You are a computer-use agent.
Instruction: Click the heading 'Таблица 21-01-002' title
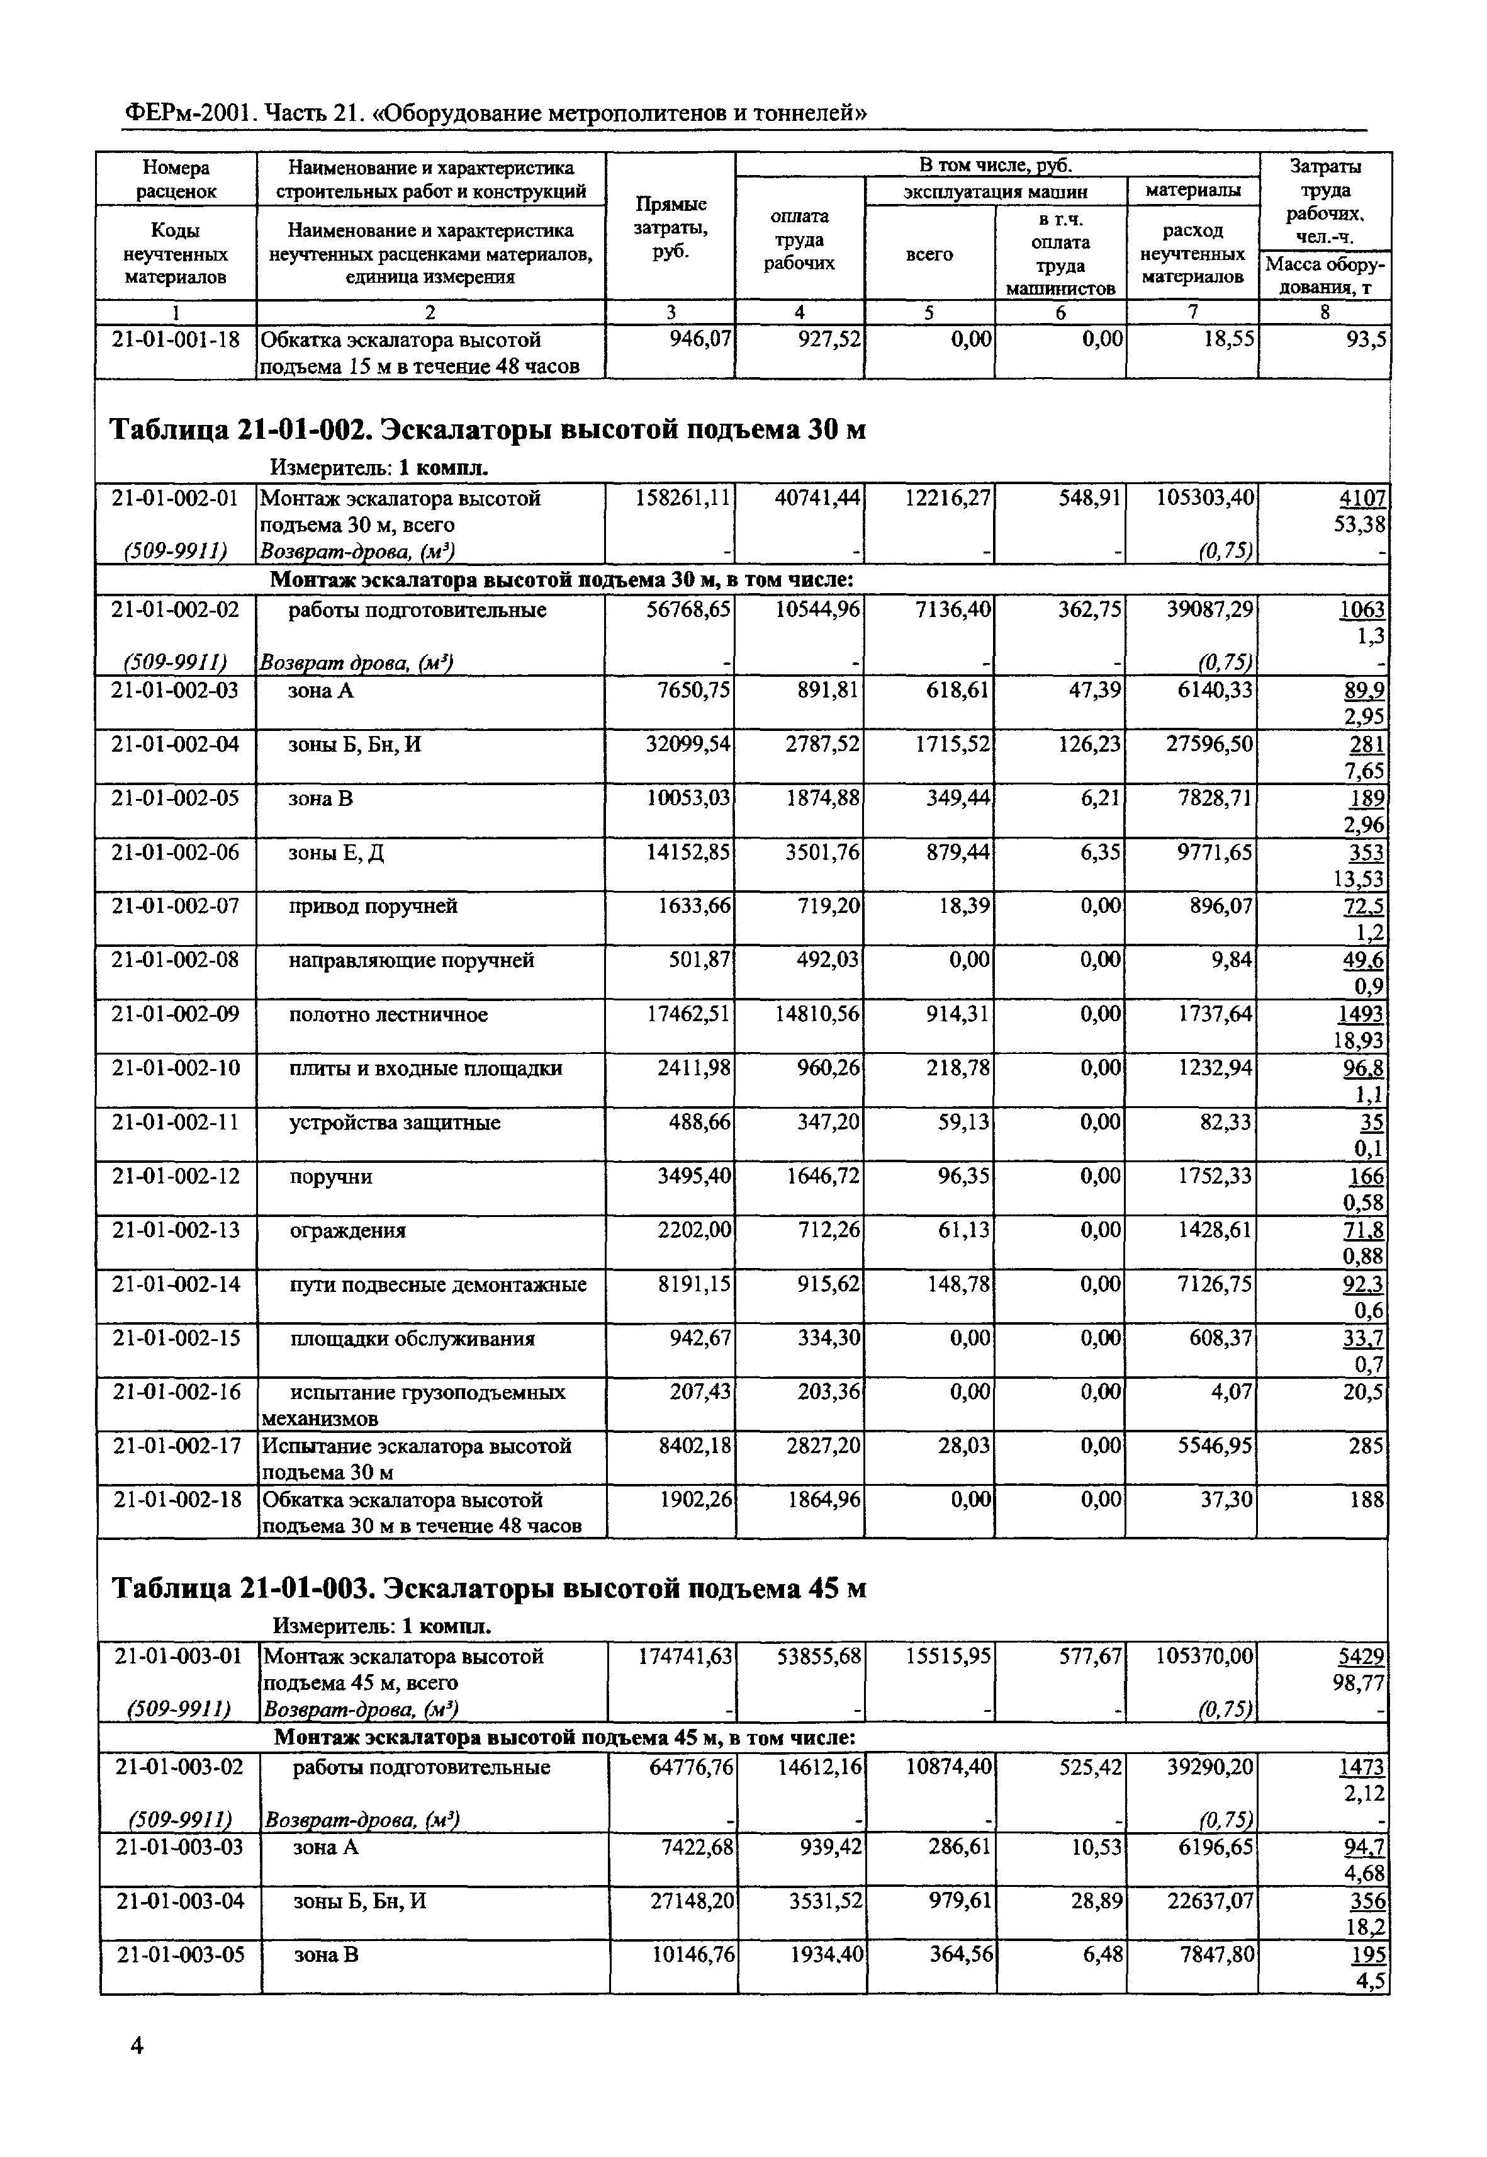(x=488, y=430)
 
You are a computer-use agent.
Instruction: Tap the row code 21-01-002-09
(x=175, y=1014)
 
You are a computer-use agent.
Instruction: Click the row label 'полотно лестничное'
(x=388, y=1014)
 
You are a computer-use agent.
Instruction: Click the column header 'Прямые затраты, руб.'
(x=670, y=229)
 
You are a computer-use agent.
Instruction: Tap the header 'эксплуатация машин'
(x=995, y=191)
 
